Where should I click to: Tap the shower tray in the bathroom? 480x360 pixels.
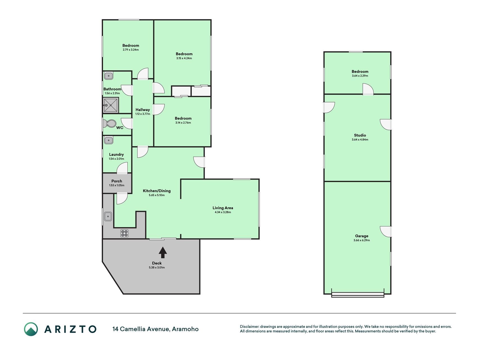111,105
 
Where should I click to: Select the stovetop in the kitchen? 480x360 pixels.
125,233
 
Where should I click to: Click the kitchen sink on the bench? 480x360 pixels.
108,216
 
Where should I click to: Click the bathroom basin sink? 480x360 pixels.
109,76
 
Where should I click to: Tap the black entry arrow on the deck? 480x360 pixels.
163,252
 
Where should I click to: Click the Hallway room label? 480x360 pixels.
143,110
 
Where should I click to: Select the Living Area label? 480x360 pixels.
223,208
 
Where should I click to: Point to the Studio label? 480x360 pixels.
360,135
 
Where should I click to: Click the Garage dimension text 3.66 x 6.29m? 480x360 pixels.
362,240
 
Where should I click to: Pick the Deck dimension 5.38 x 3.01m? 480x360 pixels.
157,267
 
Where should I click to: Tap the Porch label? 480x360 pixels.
117,181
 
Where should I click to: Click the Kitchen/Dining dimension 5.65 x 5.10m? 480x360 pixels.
157,195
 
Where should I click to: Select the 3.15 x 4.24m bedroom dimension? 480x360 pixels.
184,58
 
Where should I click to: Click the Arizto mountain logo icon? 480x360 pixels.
31,329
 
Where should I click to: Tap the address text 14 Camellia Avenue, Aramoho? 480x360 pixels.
156,329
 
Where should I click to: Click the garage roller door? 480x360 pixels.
358,294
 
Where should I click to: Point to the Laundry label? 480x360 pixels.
116,154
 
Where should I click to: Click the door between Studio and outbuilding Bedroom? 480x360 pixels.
368,89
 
